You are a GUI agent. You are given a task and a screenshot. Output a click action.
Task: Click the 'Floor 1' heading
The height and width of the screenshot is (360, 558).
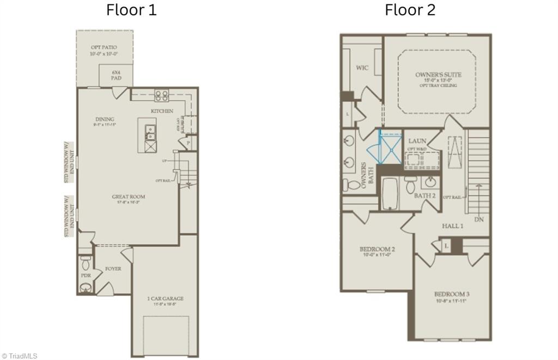tap(131, 10)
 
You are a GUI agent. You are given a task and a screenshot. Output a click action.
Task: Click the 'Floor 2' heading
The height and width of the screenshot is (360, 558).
tap(410, 10)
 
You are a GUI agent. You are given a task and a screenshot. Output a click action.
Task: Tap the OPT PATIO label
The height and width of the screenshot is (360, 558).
tap(104, 47)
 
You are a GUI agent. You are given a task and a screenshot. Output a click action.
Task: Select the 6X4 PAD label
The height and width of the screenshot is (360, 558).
tap(116, 75)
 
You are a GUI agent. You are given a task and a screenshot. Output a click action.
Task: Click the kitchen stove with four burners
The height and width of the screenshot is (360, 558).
tap(161, 96)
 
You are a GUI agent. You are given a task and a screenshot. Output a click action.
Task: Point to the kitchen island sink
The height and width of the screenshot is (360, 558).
tap(150, 133)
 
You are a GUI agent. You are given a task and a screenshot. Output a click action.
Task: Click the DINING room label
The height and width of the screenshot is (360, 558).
tap(104, 119)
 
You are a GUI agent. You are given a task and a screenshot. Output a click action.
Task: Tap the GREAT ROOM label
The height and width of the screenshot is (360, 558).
tap(129, 197)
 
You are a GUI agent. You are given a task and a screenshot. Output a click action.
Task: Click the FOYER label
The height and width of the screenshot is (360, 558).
tap(113, 269)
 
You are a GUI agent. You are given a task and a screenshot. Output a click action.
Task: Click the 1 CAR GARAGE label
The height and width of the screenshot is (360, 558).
tap(165, 298)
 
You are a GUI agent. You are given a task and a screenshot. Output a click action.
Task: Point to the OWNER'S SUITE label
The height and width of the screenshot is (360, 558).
tap(438, 75)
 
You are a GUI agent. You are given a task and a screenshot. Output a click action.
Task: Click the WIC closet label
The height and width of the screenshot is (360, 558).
tap(362, 68)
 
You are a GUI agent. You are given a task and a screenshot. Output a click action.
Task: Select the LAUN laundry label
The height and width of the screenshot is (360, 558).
tap(417, 141)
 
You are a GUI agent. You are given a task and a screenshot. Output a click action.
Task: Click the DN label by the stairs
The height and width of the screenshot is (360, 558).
tap(479, 219)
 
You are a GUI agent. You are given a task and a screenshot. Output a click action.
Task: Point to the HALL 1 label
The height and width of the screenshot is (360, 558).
tap(452, 225)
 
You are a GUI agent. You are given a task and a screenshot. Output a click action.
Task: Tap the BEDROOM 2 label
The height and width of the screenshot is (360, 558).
tap(377, 249)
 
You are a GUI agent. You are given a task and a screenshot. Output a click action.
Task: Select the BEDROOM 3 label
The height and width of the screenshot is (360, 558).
tap(452, 294)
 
